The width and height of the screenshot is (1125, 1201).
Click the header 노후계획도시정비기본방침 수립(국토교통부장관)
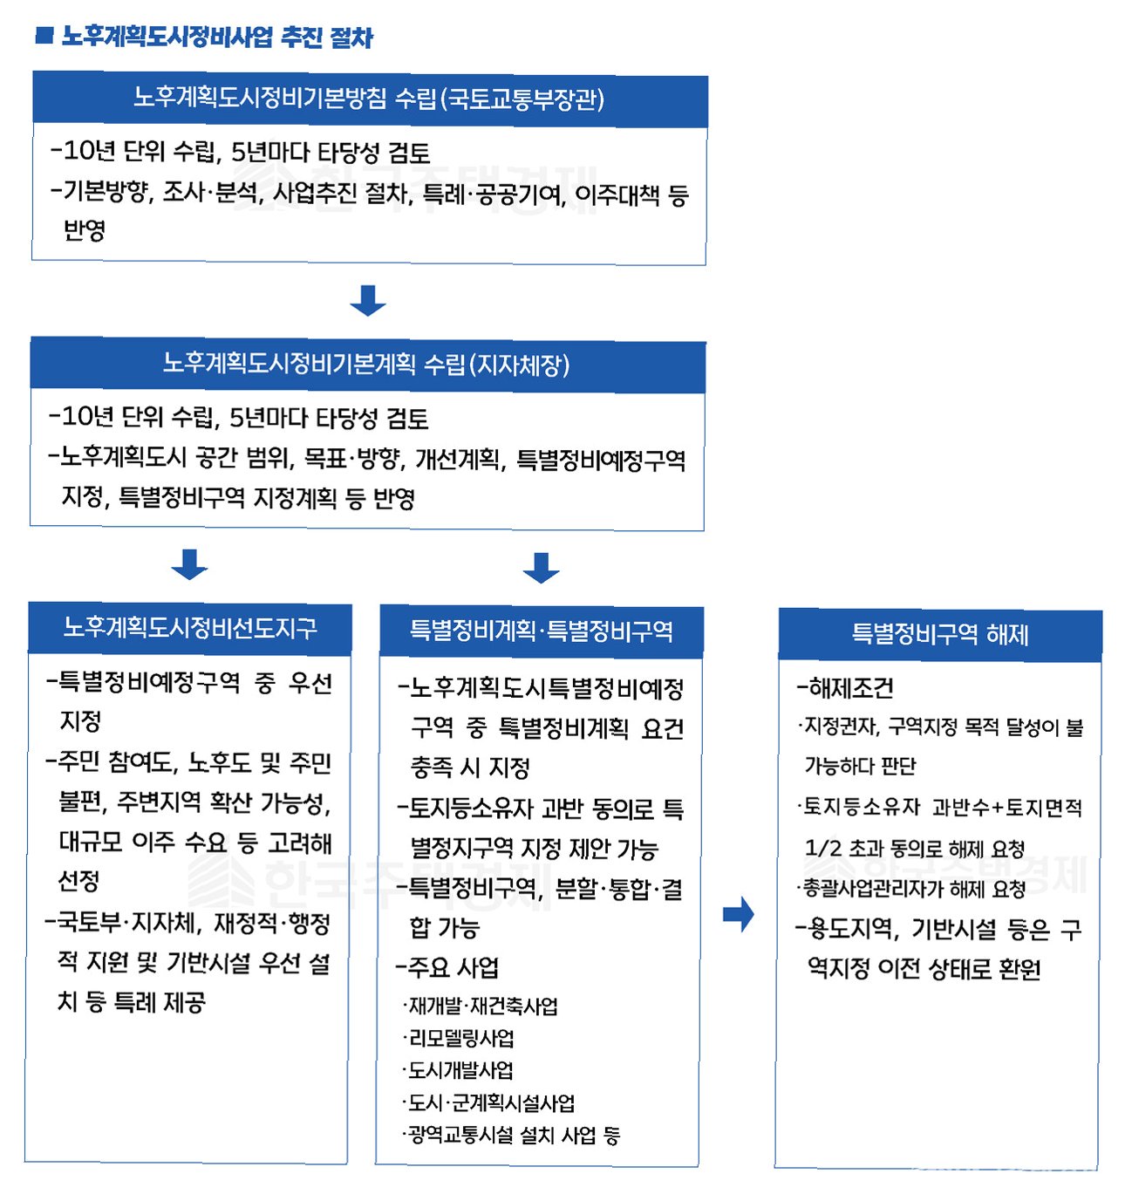369,99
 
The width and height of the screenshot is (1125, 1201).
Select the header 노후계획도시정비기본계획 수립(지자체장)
367,365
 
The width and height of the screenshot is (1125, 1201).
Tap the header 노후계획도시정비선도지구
190,628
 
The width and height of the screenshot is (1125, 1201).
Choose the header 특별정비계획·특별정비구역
542,631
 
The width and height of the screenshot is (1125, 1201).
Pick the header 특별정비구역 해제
940,634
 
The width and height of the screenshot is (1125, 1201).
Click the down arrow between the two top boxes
367,300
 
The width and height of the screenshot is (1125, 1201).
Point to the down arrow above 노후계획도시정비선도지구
189,564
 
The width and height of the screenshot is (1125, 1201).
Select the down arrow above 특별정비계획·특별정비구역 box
541,567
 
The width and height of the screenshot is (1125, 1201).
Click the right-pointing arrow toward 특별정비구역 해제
739,914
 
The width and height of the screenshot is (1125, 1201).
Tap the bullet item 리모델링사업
460,1038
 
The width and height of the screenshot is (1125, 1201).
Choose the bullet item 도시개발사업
460,1070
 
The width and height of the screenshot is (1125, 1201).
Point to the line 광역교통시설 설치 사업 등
513,1135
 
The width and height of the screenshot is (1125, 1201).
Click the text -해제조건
846,688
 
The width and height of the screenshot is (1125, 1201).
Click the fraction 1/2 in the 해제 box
822,848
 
